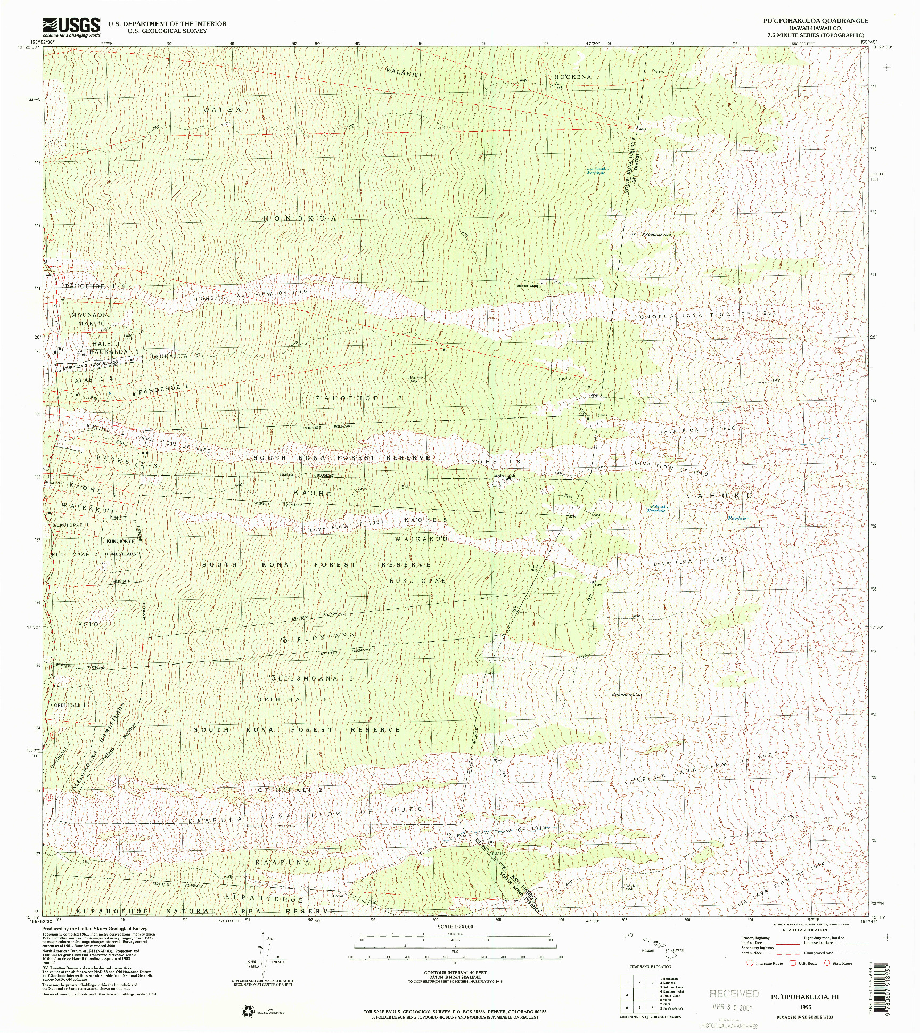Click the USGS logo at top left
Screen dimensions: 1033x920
coord(71,26)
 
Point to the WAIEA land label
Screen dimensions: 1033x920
coord(223,110)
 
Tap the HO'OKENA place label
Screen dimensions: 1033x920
coord(573,77)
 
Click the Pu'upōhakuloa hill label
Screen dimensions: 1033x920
coord(656,234)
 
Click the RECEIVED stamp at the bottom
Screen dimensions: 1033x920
coord(734,993)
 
